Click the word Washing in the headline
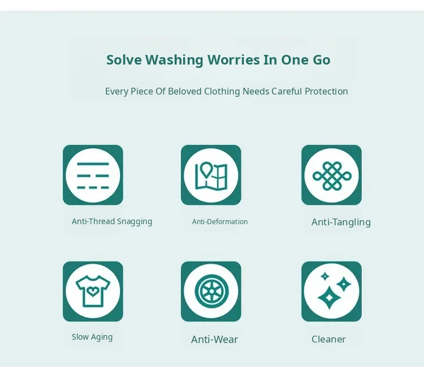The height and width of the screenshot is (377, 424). click(175, 60)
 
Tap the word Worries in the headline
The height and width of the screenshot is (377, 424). click(233, 59)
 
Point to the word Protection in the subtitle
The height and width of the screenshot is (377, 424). click(326, 91)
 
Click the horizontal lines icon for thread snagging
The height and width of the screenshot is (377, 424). click(93, 175)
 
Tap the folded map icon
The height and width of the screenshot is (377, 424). click(211, 176)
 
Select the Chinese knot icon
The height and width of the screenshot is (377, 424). click(332, 176)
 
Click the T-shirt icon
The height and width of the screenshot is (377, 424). click(93, 292)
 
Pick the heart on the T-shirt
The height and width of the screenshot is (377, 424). click(93, 292)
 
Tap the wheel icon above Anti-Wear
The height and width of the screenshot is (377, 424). click(212, 292)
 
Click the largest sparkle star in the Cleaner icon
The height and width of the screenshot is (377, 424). click(329, 298)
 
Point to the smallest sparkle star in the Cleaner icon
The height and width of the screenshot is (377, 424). click(325, 276)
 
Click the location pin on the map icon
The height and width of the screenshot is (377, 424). click(206, 169)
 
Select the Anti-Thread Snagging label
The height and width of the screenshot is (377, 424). click(112, 221)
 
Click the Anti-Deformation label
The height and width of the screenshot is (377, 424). click(220, 221)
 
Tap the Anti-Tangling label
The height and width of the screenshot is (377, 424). click(341, 222)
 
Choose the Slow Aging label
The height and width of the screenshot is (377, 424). click(92, 337)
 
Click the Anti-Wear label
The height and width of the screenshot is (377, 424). click(214, 339)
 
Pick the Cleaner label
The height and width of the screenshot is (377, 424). click(328, 339)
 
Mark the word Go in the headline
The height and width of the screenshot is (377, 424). click(322, 60)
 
